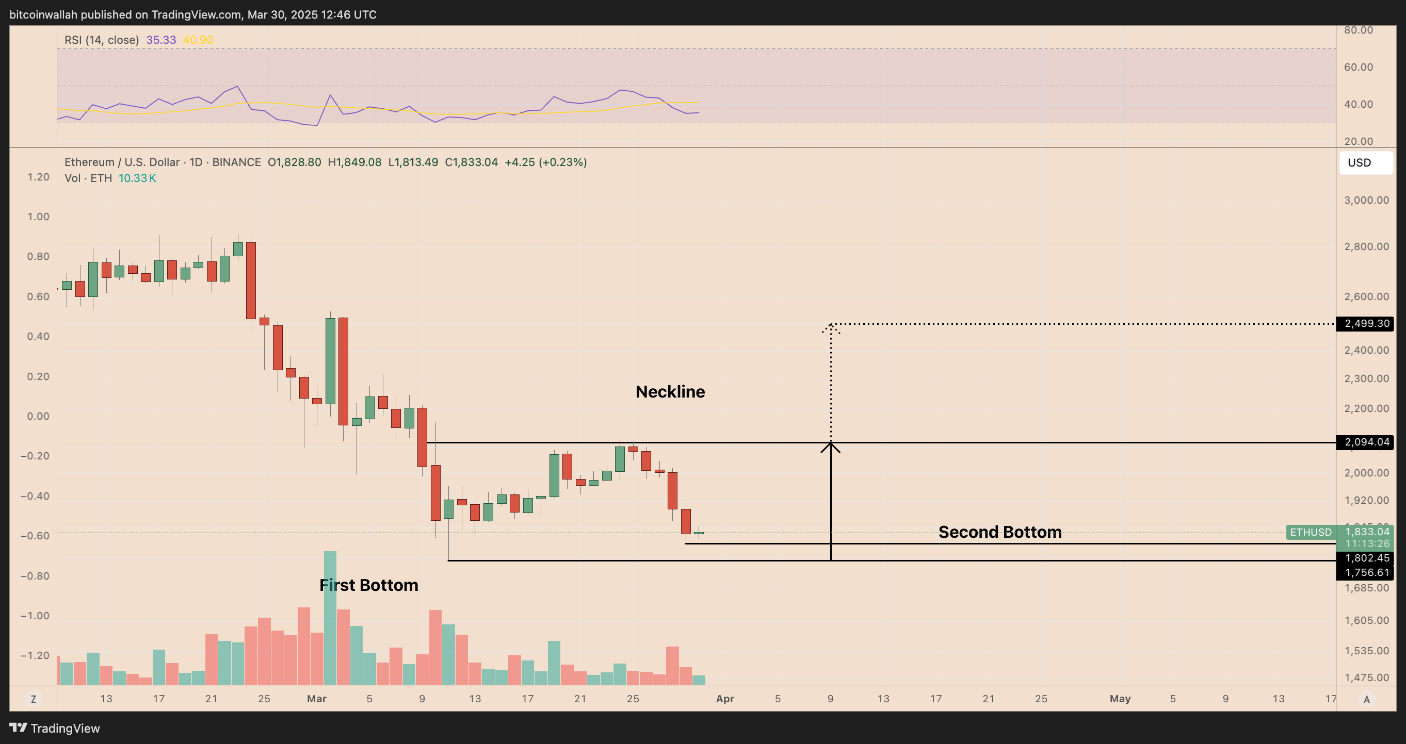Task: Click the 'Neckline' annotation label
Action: [670, 392]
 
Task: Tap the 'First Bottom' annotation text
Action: [368, 585]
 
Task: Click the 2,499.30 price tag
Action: [1366, 323]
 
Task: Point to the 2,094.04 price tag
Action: [1366, 442]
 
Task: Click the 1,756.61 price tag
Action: [1366, 572]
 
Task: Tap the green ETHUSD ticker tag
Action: [1311, 532]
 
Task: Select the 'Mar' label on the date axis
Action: [317, 699]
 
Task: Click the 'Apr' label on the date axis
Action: [725, 699]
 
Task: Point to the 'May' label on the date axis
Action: [1120, 699]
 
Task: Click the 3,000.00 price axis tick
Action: [1366, 200]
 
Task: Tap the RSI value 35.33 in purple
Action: [161, 40]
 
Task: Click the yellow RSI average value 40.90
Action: [198, 40]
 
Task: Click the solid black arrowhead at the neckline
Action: [830, 447]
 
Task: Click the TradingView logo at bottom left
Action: [55, 728]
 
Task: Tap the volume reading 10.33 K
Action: [137, 178]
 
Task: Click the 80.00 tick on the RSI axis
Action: [1358, 30]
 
